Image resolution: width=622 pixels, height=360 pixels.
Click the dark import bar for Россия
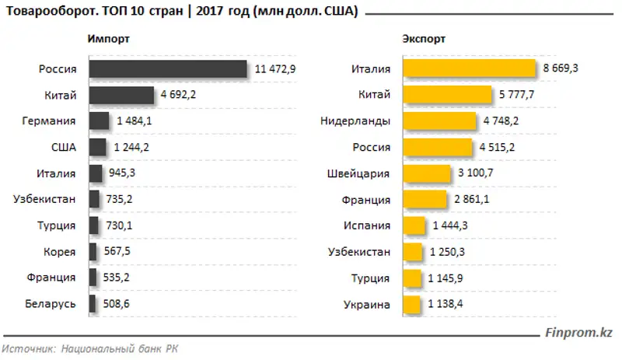168,69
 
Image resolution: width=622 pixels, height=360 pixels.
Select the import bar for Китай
121,96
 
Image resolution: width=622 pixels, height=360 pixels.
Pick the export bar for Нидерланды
439,122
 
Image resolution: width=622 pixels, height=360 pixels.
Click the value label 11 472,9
275,69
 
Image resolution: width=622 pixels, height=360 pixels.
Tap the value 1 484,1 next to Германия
134,122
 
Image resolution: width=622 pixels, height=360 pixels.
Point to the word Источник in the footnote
27,349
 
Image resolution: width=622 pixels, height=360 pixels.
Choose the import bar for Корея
93,252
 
